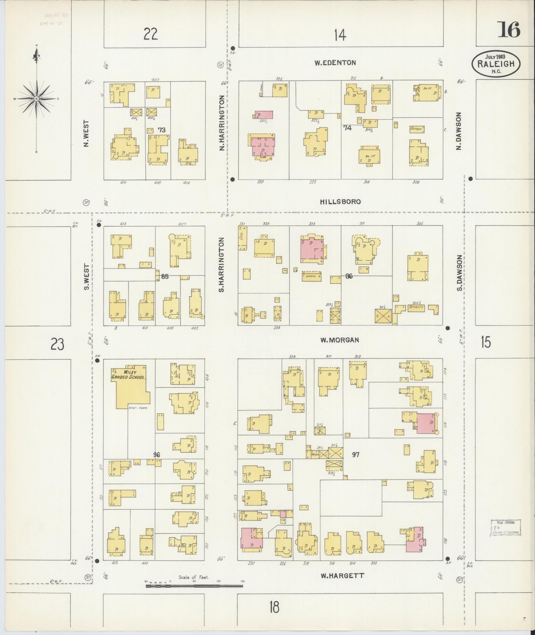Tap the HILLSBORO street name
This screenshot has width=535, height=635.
(340, 201)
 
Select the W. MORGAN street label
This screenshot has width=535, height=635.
(339, 340)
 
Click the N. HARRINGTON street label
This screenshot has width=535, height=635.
(222, 123)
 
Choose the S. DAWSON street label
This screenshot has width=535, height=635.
(459, 273)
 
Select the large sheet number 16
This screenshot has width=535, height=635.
(508, 30)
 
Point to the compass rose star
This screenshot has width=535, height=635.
(36, 99)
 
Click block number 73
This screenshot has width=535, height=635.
(162, 130)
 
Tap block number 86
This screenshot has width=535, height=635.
(349, 276)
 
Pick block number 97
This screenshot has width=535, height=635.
(356, 454)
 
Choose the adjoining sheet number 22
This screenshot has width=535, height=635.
(151, 34)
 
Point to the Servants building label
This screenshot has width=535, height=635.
(416, 307)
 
